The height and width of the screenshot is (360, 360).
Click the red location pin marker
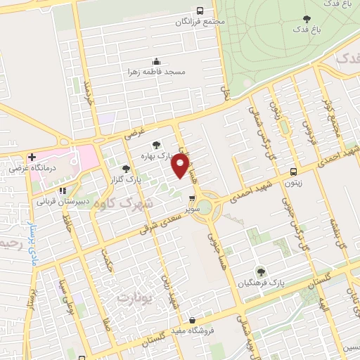tap(181, 165)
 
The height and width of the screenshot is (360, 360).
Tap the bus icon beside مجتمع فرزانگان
tap(200, 11)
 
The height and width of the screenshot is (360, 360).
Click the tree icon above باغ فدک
tap(306, 19)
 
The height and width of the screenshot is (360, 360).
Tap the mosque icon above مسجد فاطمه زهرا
tap(156, 60)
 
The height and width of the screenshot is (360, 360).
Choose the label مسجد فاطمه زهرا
tap(156, 72)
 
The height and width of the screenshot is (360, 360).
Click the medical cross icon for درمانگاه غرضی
tap(31, 157)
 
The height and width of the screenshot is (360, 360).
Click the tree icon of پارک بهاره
tap(156, 145)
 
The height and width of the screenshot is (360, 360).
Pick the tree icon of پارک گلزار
tap(125, 169)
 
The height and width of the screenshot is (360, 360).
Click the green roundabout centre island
tap(204, 207)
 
